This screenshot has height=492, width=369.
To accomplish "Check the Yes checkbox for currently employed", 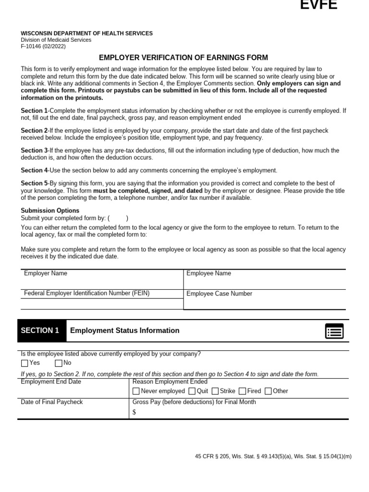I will pos(25,363).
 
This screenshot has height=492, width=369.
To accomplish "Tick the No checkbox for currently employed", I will pos(59,363).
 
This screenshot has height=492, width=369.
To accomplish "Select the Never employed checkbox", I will pos(136,391).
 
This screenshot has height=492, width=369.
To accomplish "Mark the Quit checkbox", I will pos(192,391).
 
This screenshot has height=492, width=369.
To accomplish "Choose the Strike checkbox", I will pos(215,391).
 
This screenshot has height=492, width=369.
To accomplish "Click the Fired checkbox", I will pos(242,391).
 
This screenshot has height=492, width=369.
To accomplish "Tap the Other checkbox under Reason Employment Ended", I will pos(268,391).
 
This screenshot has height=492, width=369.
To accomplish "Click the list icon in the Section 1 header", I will pos(334,331).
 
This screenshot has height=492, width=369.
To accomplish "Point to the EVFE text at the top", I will pos(319,6).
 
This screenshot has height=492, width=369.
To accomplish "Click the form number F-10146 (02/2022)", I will pos(43,47).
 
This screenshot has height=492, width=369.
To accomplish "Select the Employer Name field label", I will pos(46,273).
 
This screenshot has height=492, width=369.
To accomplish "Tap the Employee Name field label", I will pos(209,273).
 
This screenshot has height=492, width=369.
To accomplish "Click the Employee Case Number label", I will pos(219,294).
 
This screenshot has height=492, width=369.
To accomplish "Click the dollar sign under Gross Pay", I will pos(134,412).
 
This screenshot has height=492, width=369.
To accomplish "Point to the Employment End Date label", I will pos(51,381).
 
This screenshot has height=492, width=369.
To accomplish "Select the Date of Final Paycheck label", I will pos(52,402).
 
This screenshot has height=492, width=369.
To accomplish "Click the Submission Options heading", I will pos(50,210).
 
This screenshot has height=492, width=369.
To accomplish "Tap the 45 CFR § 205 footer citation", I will pos(273,456).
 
